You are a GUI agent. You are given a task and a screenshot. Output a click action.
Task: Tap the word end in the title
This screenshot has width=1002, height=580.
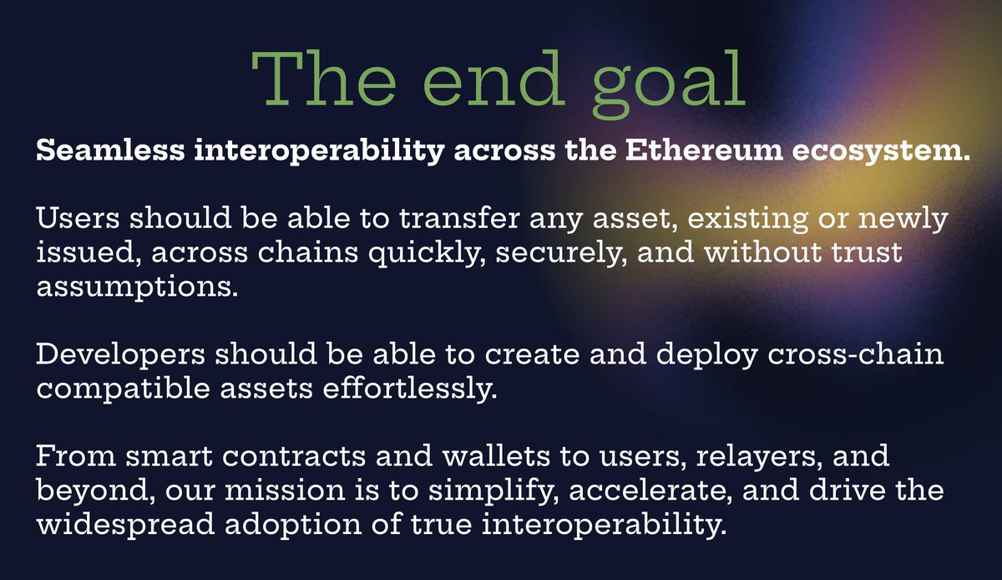click(x=493, y=78)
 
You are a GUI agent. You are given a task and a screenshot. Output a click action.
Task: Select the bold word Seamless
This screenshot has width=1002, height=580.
click(x=110, y=150)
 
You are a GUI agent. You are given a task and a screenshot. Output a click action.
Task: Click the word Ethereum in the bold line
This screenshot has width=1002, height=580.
click(x=704, y=150)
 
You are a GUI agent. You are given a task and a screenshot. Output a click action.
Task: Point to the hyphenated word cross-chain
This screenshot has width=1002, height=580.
click(x=856, y=354)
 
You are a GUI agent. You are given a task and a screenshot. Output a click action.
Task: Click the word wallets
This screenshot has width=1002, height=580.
click(x=496, y=456)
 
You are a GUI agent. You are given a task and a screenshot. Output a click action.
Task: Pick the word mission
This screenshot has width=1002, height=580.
click(x=285, y=490)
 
